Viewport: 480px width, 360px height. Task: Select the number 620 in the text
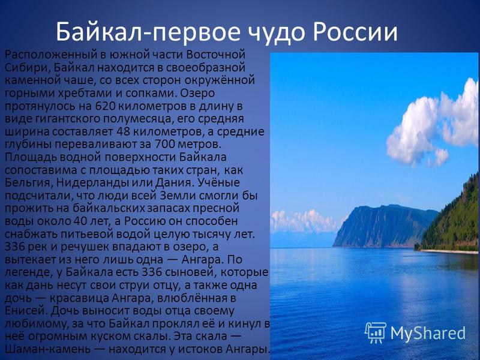[x=106, y=106]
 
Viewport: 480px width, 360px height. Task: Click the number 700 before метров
[x=166, y=144]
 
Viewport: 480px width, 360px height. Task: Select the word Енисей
[x=26, y=311]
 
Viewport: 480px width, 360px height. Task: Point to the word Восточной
[x=216, y=55]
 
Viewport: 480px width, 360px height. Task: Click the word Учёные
[x=219, y=182]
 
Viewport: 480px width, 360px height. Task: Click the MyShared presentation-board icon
[x=376, y=333]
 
